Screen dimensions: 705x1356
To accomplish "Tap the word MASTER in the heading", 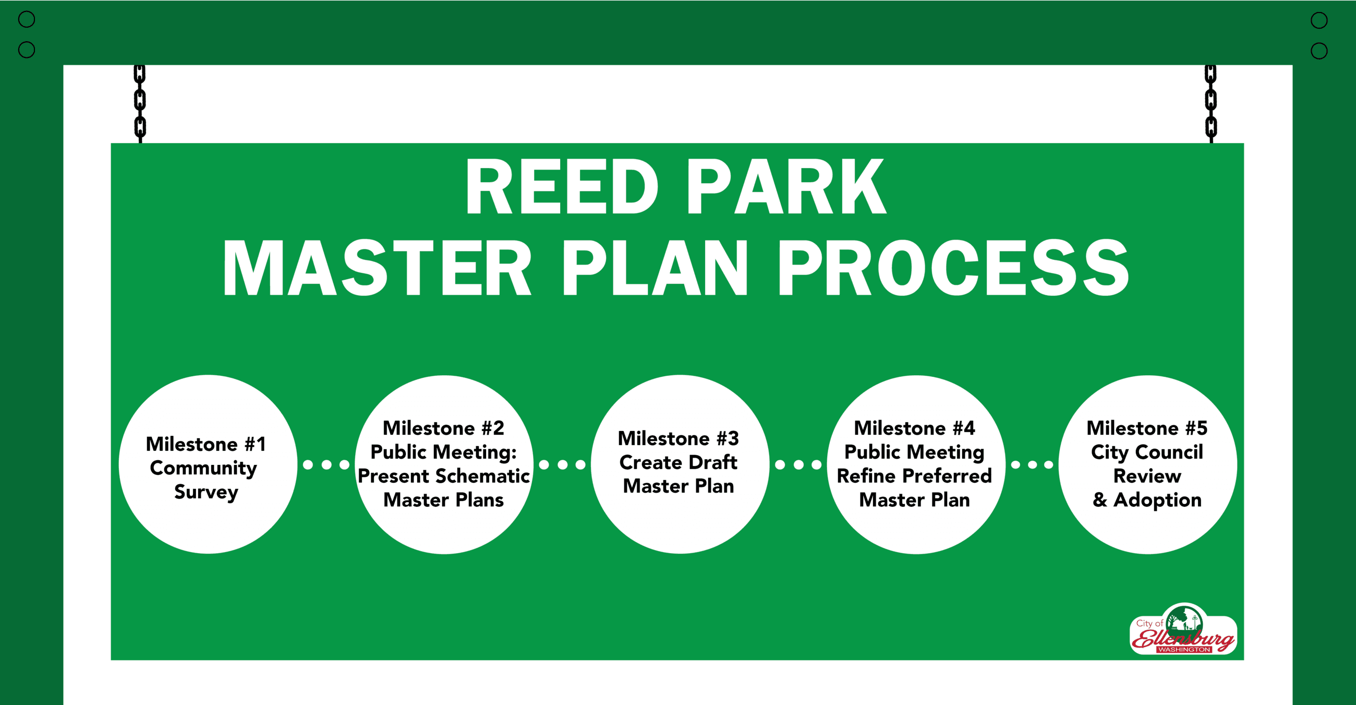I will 377,268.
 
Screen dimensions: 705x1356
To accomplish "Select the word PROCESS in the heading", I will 953,268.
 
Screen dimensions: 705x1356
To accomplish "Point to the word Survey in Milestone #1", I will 207,492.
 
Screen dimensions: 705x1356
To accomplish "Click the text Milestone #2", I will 443,428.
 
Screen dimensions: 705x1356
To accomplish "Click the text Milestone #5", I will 1146,428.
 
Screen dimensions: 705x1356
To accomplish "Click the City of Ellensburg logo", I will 1183,630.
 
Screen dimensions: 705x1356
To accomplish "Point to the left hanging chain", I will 139,103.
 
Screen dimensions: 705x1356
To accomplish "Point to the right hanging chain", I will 1210,103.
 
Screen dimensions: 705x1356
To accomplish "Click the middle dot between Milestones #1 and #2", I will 326,464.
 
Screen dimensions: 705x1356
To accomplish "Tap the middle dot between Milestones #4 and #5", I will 1032,464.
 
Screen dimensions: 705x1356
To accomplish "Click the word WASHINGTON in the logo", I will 1184,650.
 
